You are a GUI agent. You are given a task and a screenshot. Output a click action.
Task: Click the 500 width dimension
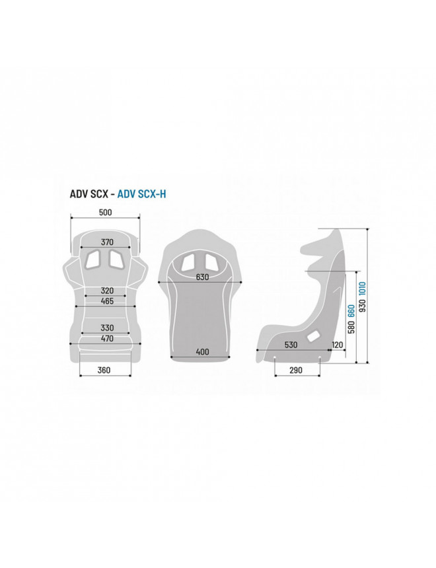(x=105, y=212)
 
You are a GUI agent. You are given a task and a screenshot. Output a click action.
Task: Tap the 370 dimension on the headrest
(x=107, y=242)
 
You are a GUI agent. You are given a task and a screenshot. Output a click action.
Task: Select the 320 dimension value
(x=107, y=291)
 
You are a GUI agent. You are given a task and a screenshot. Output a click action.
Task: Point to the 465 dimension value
(x=107, y=301)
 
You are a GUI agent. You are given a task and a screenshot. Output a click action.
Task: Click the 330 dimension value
(x=107, y=328)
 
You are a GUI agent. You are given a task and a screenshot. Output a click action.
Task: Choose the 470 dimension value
(x=107, y=339)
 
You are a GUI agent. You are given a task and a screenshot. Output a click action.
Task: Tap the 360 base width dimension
(x=104, y=371)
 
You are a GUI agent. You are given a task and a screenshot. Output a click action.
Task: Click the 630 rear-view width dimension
(x=202, y=277)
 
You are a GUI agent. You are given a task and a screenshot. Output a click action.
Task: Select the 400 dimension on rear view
(x=202, y=352)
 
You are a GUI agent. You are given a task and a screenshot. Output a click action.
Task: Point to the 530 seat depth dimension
(x=291, y=345)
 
